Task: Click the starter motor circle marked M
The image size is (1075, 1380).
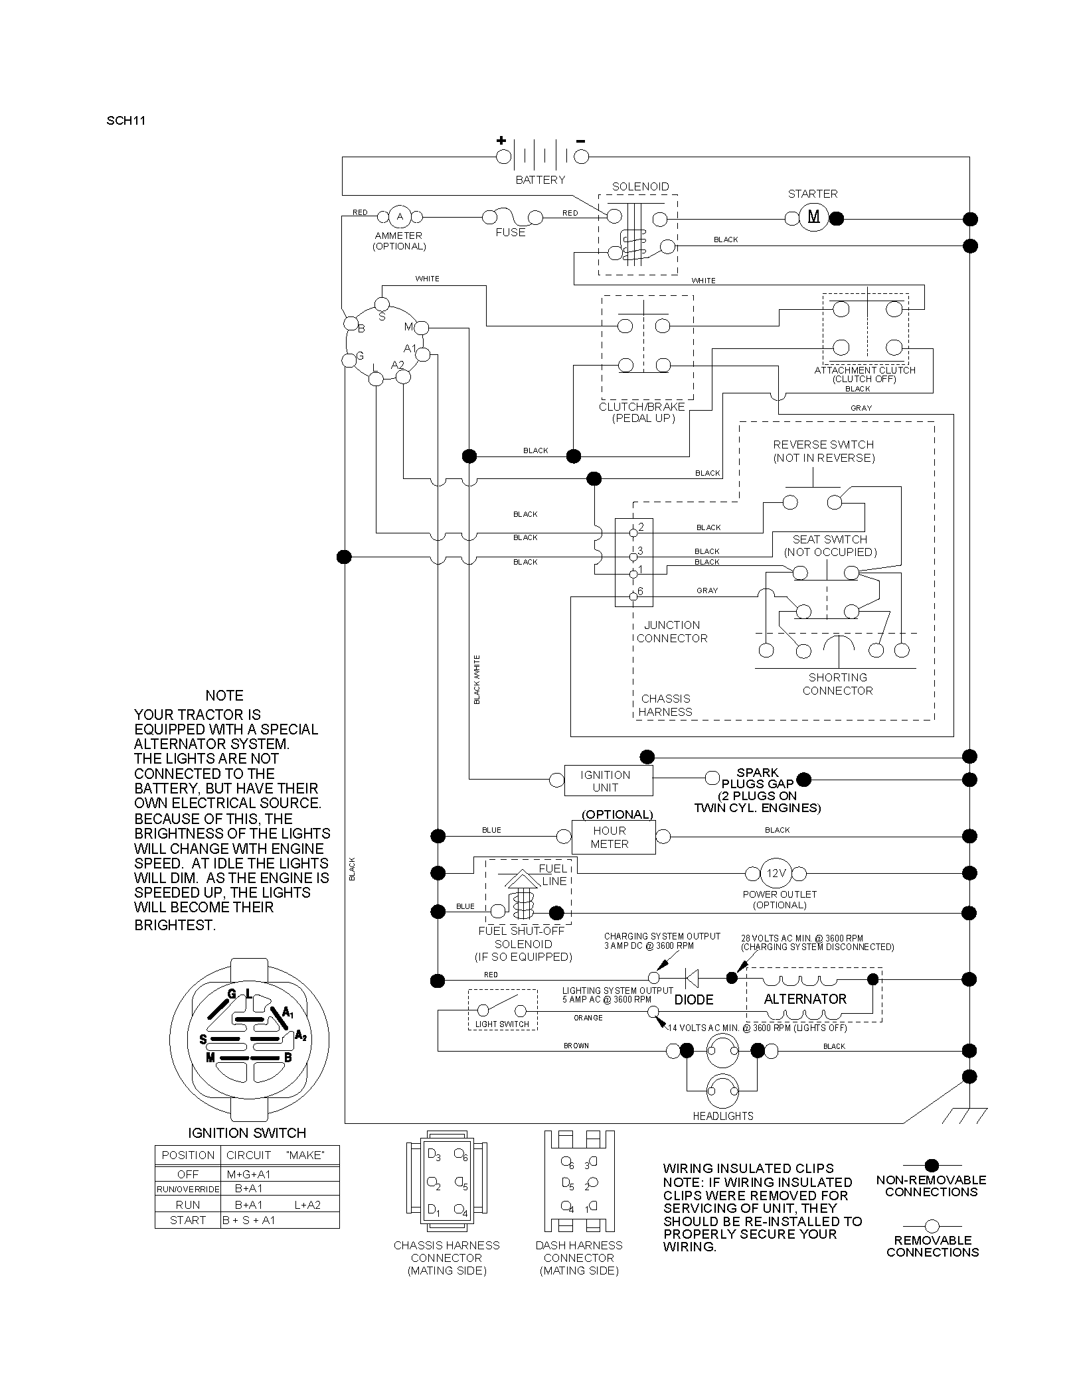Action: click(813, 216)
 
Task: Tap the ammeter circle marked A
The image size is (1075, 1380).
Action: click(400, 216)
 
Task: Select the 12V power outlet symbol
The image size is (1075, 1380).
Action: click(776, 873)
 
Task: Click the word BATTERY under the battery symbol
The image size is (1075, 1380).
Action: click(540, 180)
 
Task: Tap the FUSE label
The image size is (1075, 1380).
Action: click(511, 232)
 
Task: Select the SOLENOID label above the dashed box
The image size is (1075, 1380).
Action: click(640, 186)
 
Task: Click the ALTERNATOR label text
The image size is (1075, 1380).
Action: click(805, 999)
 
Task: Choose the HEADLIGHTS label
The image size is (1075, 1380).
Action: click(723, 1116)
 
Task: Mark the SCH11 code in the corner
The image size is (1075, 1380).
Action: click(125, 121)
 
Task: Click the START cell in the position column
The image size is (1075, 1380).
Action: click(188, 1220)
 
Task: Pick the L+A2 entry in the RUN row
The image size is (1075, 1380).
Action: click(307, 1205)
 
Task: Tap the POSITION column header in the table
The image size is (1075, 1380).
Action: click(188, 1155)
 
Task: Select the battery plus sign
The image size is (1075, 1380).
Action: click(501, 141)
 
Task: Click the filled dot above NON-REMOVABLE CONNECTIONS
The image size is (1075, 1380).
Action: click(932, 1164)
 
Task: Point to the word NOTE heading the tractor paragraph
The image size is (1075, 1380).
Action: click(224, 695)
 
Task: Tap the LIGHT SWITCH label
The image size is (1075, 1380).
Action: click(502, 1024)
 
